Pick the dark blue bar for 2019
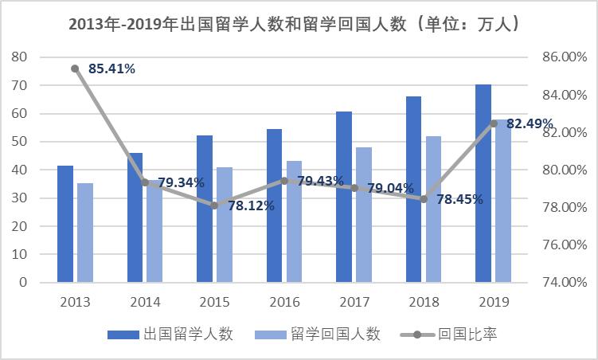click(x=483, y=183)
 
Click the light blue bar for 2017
click(x=364, y=215)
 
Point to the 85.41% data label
click(x=111, y=68)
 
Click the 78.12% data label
click(x=251, y=205)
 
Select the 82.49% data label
click(x=530, y=123)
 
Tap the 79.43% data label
click(x=321, y=182)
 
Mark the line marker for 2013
click(x=75, y=68)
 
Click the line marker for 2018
click(x=424, y=199)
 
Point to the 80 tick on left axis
click(x=19, y=57)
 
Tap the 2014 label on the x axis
click(x=145, y=303)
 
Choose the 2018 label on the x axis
click(x=424, y=303)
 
